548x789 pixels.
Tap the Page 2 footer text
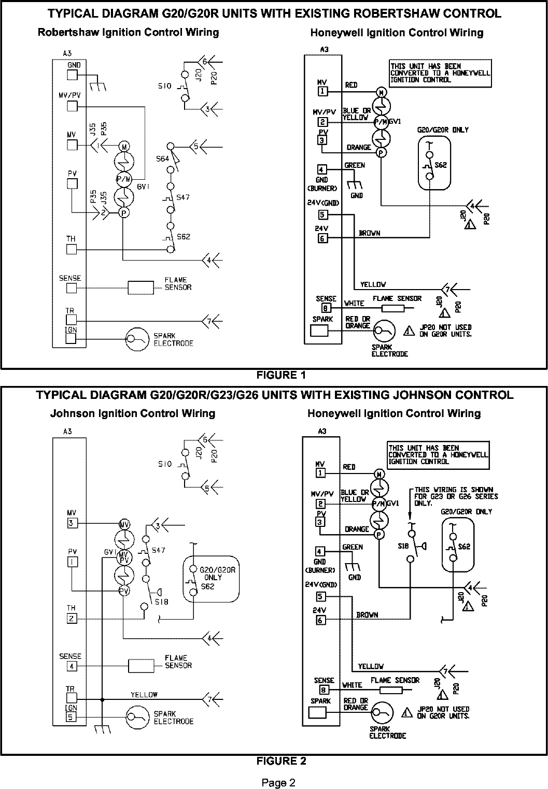click(278, 783)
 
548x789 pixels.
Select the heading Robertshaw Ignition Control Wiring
click(128, 33)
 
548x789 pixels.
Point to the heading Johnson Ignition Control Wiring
click(132, 413)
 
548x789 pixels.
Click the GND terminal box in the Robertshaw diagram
click(72, 75)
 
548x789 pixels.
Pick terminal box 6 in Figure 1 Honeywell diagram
click(322, 238)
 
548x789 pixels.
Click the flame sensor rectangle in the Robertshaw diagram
click(141, 288)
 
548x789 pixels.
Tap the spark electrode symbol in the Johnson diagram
click(136, 718)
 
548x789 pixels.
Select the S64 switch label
click(162, 159)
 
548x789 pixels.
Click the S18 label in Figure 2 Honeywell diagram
click(402, 546)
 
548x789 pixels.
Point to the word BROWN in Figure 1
click(369, 234)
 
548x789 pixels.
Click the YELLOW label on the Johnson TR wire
click(144, 695)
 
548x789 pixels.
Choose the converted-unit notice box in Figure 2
click(438, 454)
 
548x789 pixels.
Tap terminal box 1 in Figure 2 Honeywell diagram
click(321, 472)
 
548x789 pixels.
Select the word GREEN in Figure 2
click(353, 547)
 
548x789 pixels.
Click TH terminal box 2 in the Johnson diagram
click(72, 618)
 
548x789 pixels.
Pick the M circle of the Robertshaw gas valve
click(124, 147)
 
